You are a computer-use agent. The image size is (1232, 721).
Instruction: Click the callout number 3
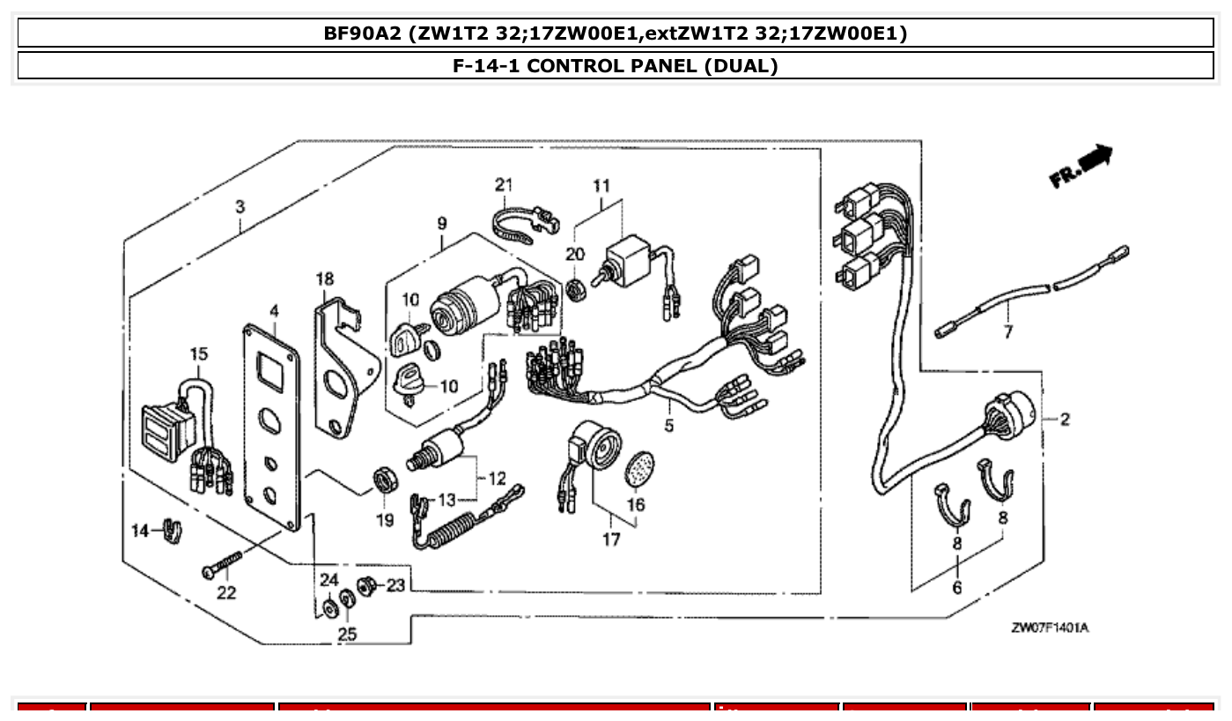click(x=240, y=207)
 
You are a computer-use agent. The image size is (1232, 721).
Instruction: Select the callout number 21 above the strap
click(x=503, y=185)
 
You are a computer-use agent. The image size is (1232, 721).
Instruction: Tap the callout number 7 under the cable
click(x=1007, y=332)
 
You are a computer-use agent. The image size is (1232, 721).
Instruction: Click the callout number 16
click(x=635, y=504)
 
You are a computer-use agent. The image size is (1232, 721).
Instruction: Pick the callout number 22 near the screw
click(x=226, y=593)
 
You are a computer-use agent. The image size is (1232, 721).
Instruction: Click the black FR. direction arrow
click(x=1096, y=160)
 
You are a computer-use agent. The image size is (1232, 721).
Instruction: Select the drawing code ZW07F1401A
click(x=1050, y=628)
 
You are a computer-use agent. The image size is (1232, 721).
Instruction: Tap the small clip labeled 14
click(x=172, y=531)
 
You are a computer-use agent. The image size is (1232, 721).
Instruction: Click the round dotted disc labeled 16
click(x=639, y=469)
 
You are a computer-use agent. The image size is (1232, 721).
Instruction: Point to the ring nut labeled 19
click(x=385, y=481)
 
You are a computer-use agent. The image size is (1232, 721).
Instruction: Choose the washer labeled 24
click(x=329, y=607)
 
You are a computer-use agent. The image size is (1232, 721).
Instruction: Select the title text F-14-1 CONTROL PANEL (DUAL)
click(x=615, y=66)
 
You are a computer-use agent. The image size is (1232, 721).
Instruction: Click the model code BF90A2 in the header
click(x=368, y=34)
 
